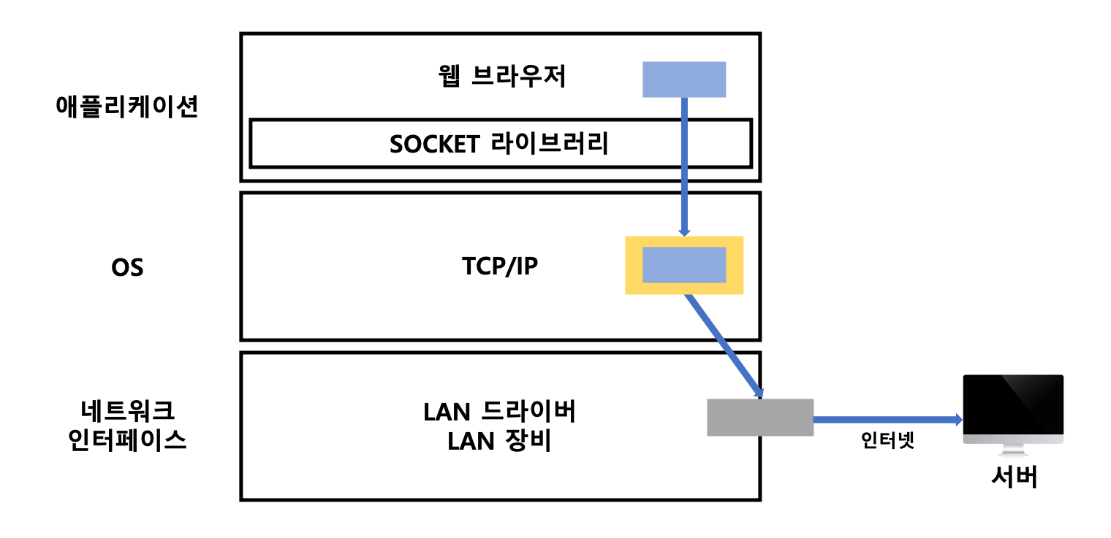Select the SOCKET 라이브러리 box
pos(500,144)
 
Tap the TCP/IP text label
pos(499,266)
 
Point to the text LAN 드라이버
pos(499,412)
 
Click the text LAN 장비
pos(499,441)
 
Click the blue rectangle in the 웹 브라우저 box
pos(683,80)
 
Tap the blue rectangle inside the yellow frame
pos(683,265)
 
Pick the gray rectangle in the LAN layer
pos(759,418)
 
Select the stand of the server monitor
pos(1012,453)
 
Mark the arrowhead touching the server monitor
pos(957,420)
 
